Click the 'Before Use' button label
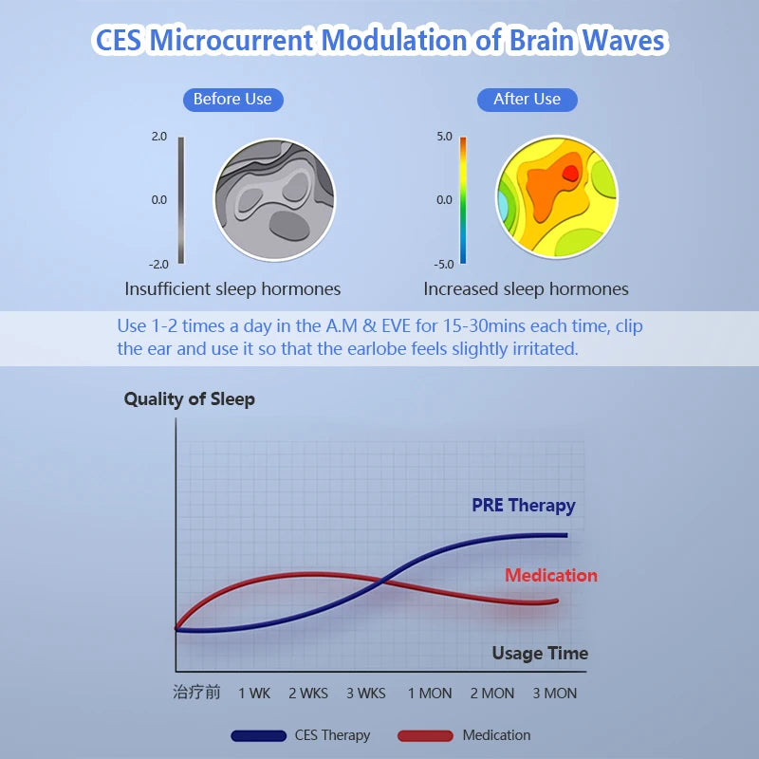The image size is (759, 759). click(x=232, y=99)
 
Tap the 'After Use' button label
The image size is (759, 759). click(x=527, y=99)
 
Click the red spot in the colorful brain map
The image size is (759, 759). click(x=570, y=173)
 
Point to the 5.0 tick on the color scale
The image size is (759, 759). click(x=444, y=137)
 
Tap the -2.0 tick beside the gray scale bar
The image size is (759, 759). click(x=158, y=264)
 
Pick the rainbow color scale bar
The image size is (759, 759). click(x=463, y=199)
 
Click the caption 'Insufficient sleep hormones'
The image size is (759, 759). click(x=232, y=288)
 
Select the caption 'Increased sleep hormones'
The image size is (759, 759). click(x=526, y=288)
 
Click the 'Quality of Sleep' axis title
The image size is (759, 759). click(x=190, y=398)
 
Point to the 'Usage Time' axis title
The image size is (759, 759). click(x=540, y=653)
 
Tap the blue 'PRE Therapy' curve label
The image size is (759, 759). click(x=524, y=505)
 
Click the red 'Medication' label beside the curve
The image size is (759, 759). click(x=551, y=575)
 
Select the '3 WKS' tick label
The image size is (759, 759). click(x=365, y=694)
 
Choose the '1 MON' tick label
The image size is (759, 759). click(x=430, y=694)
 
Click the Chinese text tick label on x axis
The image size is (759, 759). click(x=196, y=693)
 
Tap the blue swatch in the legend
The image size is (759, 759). click(x=258, y=735)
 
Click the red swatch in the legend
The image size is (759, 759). click(x=425, y=735)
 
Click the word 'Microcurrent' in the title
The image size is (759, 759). click(x=232, y=41)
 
